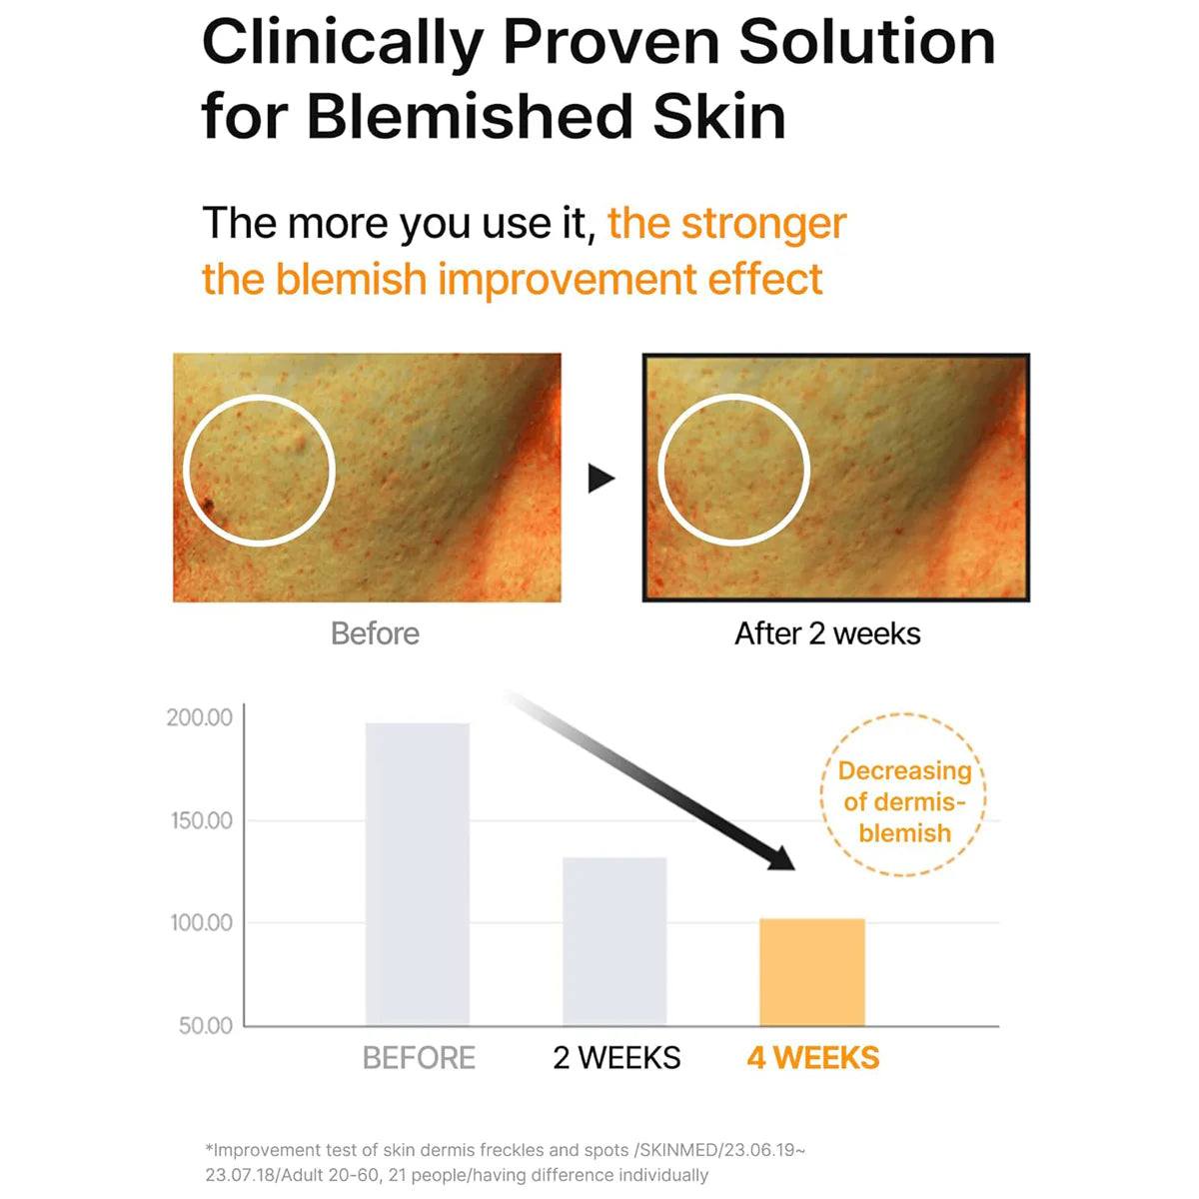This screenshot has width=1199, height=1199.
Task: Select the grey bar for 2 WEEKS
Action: pyautogui.click(x=614, y=941)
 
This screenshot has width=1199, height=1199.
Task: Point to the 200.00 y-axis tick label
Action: pyautogui.click(x=199, y=717)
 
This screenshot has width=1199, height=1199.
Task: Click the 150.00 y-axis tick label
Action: pyautogui.click(x=201, y=820)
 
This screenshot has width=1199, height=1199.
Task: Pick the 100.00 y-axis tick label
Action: pyautogui.click(x=201, y=923)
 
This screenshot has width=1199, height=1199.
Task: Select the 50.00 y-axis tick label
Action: pyautogui.click(x=206, y=1025)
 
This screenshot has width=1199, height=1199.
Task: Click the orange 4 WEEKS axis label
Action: pyautogui.click(x=812, y=1058)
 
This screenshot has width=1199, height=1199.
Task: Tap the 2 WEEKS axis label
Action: pyautogui.click(x=616, y=1058)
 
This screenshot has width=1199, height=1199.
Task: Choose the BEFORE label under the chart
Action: pyautogui.click(x=419, y=1058)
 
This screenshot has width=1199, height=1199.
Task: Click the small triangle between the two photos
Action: pyautogui.click(x=600, y=479)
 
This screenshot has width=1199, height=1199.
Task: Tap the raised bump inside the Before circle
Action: pyautogui.click(x=300, y=441)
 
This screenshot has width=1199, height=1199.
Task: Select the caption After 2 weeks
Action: pyautogui.click(x=827, y=634)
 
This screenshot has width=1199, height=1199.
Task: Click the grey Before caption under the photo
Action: pyautogui.click(x=375, y=634)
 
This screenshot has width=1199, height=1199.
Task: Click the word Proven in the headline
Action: pyautogui.click(x=612, y=43)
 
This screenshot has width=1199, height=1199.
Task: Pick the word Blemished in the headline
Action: pyautogui.click(x=470, y=116)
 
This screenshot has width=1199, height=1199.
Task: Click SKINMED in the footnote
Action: pyautogui.click(x=678, y=1150)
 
